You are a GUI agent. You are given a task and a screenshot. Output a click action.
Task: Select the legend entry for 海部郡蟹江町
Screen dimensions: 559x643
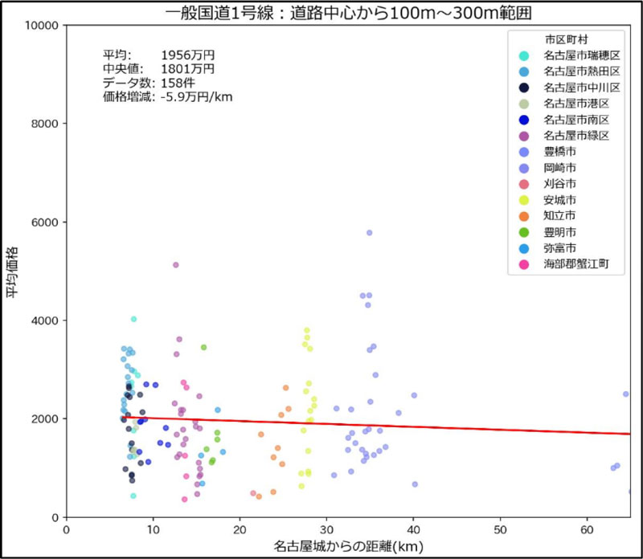pyautogui.click(x=570, y=263)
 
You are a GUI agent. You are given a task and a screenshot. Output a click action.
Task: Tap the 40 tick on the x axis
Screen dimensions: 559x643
pyautogui.click(x=413, y=531)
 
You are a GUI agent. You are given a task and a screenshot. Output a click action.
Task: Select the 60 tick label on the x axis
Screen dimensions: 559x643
pyautogui.click(x=587, y=531)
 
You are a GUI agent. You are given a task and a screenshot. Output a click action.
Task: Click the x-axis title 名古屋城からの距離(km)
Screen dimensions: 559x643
pyautogui.click(x=347, y=547)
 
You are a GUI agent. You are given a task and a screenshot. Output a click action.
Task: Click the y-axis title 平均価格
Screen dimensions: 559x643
pyautogui.click(x=14, y=271)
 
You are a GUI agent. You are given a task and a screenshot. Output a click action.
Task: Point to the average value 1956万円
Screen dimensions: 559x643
pyautogui.click(x=188, y=55)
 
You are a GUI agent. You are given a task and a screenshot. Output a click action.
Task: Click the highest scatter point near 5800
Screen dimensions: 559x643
pyautogui.click(x=370, y=233)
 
